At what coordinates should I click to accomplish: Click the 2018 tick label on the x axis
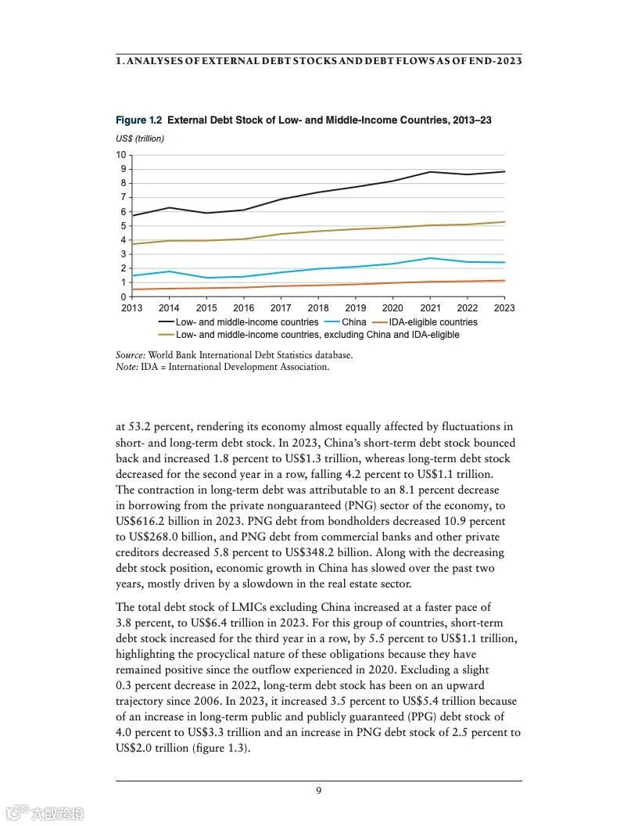click(x=318, y=309)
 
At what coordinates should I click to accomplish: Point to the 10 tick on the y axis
click(x=121, y=155)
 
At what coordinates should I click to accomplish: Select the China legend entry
click(x=353, y=322)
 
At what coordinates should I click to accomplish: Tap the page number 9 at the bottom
click(x=318, y=790)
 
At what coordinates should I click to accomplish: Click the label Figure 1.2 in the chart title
click(x=138, y=120)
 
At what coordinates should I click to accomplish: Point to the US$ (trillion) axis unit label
click(x=140, y=138)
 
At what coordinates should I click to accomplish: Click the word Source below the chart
click(x=130, y=355)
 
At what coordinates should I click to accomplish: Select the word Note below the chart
click(x=127, y=367)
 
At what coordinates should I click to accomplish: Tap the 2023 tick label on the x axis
click(x=504, y=309)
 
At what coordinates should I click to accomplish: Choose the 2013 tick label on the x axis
click(x=131, y=309)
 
